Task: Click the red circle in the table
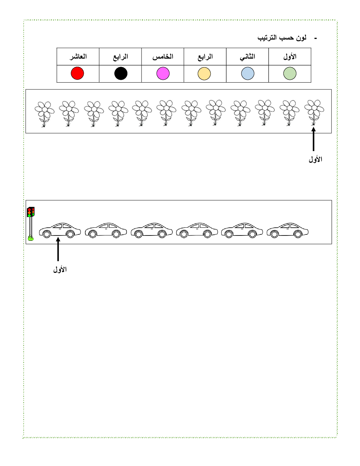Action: pyautogui.click(x=77, y=73)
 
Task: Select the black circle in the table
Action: pyautogui.click(x=121, y=73)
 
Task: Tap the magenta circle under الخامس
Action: pyautogui.click(x=163, y=73)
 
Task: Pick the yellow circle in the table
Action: pyautogui.click(x=204, y=73)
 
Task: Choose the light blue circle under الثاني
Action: pyautogui.click(x=248, y=73)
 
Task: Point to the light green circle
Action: pyautogui.click(x=290, y=73)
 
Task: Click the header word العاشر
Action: pyautogui.click(x=78, y=56)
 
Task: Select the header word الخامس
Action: pyautogui.click(x=163, y=56)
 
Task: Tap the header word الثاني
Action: pyautogui.click(x=247, y=57)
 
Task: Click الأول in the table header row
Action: pyautogui.click(x=290, y=56)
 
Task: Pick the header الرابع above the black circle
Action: pyautogui.click(x=120, y=57)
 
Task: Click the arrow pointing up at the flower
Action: pyautogui.click(x=313, y=139)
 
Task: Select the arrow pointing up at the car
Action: pyautogui.click(x=58, y=249)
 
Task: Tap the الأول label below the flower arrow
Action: pyautogui.click(x=316, y=159)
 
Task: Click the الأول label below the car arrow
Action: pyautogui.click(x=60, y=269)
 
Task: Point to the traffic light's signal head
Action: pyautogui.click(x=31, y=212)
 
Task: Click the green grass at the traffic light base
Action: pyautogui.click(x=31, y=238)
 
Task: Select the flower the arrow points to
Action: pyautogui.click(x=314, y=113)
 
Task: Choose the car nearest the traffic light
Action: pyautogui.click(x=60, y=231)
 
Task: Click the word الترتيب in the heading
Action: pyautogui.click(x=267, y=38)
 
